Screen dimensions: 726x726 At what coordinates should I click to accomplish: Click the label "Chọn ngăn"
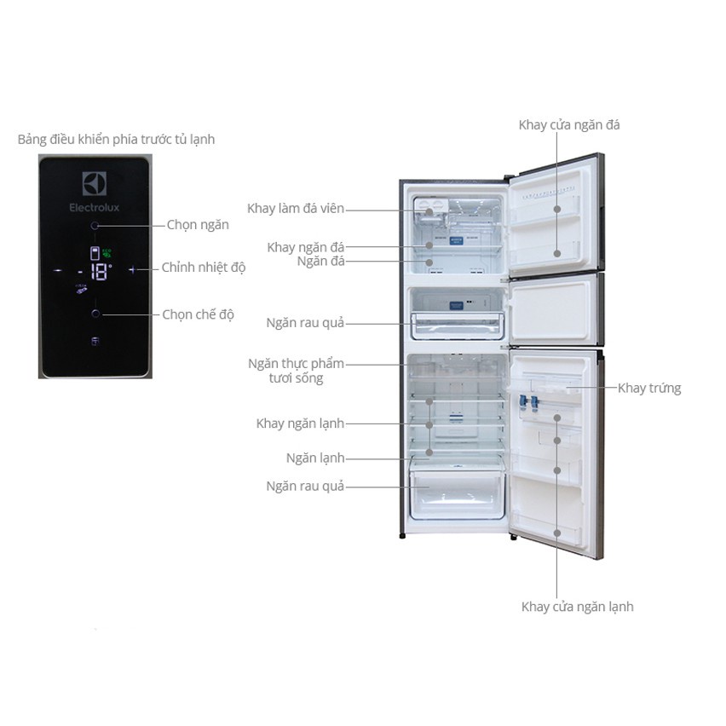(198, 225)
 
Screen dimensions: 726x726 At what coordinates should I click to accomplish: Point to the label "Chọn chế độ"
(199, 314)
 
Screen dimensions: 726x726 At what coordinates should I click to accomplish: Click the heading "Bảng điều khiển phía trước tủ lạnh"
(116, 139)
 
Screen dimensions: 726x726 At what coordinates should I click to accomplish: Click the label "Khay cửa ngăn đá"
(569, 125)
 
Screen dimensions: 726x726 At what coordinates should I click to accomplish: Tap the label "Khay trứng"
(649, 388)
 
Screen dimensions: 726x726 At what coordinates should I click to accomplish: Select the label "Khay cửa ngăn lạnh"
(577, 607)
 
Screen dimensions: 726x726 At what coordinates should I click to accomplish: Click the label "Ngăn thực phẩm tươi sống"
(297, 371)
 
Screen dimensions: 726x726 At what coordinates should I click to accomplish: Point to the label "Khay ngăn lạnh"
(300, 423)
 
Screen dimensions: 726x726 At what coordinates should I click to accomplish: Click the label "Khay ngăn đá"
(306, 247)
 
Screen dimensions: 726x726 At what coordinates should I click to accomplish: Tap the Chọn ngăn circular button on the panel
(95, 226)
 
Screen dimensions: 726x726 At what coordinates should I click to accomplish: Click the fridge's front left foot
(402, 536)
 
